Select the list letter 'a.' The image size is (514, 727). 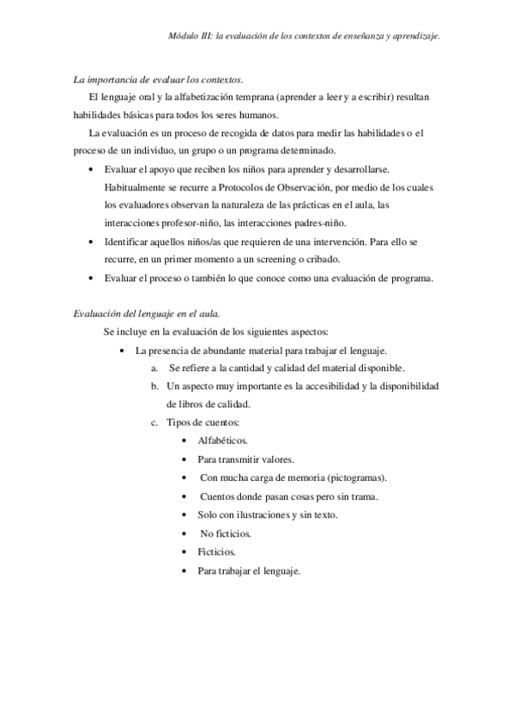154,368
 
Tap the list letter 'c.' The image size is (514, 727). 154,423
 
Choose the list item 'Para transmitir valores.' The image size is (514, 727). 245,459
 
